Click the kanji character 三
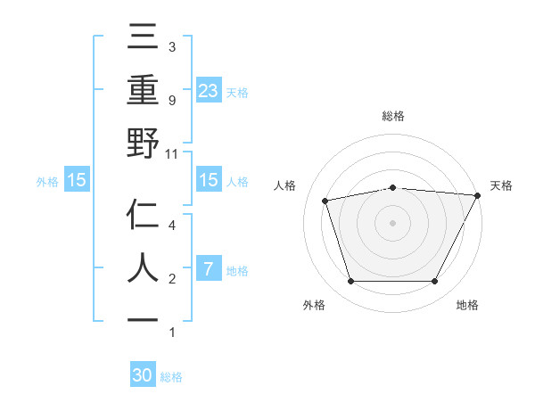coord(144,38)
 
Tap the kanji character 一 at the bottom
coord(144,319)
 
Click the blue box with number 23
coord(208,90)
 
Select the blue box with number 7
coord(208,269)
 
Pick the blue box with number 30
coord(143,375)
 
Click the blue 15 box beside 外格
coord(77,180)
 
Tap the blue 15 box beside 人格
coord(208,180)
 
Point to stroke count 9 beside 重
coord(171,100)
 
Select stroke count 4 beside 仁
coord(171,226)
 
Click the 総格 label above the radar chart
coord(392,117)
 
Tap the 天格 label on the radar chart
coord(501,185)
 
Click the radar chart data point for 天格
coord(478,195)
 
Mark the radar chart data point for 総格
coord(392,187)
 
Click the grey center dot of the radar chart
coord(392,223)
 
